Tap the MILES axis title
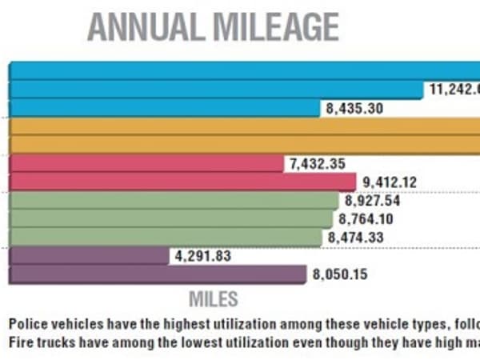[213, 300]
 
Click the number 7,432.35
[318, 164]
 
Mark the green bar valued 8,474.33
[167, 237]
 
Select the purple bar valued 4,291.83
[88, 256]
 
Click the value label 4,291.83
[201, 256]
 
